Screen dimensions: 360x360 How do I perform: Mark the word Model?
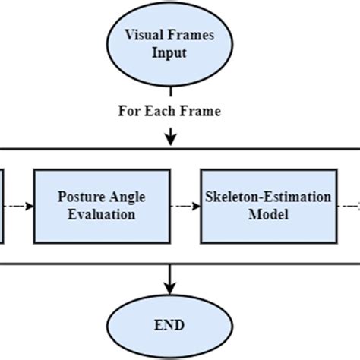pos(269,214)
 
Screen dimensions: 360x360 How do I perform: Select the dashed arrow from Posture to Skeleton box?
pos(183,206)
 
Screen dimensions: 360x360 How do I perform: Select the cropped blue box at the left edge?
pos(2,206)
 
